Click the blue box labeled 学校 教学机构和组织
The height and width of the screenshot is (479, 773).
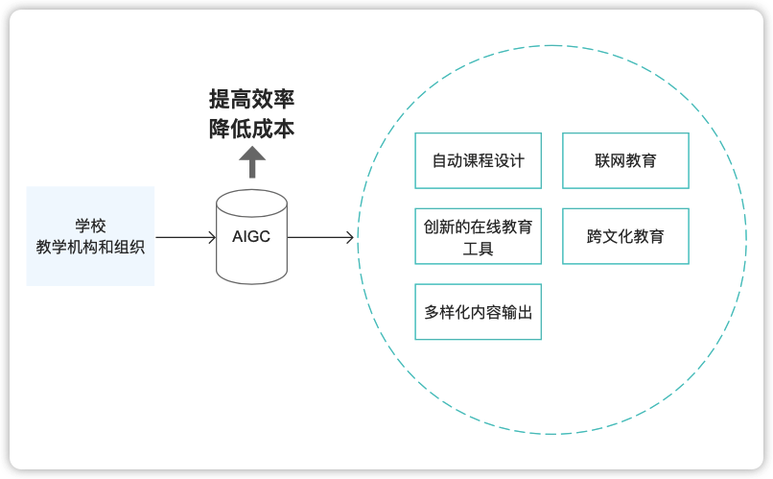pyautogui.click(x=90, y=236)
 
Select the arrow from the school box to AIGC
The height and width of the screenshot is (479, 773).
pyautogui.click(x=185, y=236)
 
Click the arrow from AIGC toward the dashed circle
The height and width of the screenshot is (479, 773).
pyautogui.click(x=319, y=236)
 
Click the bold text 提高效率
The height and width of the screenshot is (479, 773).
pyautogui.click(x=251, y=100)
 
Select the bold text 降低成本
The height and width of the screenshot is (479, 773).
pyautogui.click(x=251, y=129)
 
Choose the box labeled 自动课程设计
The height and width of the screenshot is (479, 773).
pyautogui.click(x=478, y=160)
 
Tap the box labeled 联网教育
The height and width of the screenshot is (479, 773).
pyautogui.click(x=625, y=160)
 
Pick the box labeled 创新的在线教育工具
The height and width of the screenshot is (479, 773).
pyautogui.click(x=478, y=235)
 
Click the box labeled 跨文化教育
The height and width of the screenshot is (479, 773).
pyautogui.click(x=625, y=235)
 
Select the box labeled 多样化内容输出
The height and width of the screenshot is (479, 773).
pyautogui.click(x=478, y=311)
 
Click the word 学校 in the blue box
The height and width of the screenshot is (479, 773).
pyautogui.click(x=90, y=227)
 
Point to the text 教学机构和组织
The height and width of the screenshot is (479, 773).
pyautogui.click(x=90, y=247)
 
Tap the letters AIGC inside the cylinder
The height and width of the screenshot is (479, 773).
pyautogui.click(x=251, y=236)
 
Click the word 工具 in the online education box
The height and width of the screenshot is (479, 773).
pyautogui.click(x=478, y=248)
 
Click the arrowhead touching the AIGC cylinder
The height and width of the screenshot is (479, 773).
pyautogui.click(x=212, y=236)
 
